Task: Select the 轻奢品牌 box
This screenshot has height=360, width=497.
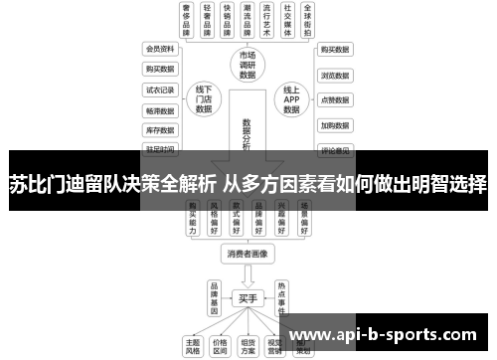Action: [x=209, y=20]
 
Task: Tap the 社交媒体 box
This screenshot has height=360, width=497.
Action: [x=289, y=20]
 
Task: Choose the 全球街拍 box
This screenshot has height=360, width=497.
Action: [x=312, y=20]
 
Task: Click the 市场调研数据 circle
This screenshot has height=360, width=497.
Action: [x=248, y=66]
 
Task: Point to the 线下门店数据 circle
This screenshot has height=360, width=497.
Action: [x=205, y=98]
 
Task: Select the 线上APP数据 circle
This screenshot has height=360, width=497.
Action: [x=291, y=98]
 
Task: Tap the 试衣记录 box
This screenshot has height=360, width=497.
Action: [x=160, y=90]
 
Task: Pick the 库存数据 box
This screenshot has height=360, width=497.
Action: [x=160, y=130]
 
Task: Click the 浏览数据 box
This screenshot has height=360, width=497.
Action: [x=334, y=75]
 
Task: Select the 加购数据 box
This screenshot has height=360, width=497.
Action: [x=334, y=126]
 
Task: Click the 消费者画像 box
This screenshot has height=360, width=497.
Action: [x=248, y=254]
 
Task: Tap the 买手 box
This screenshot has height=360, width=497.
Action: [x=248, y=298]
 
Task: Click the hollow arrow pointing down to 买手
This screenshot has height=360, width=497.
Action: [x=248, y=275]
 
